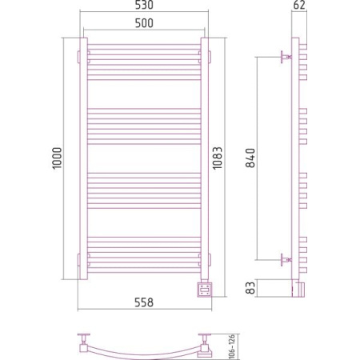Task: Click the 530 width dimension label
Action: [144, 5]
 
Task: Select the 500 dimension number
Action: [144, 23]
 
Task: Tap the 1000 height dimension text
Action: [57, 158]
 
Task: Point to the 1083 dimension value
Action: [218, 158]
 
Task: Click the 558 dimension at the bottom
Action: [144, 302]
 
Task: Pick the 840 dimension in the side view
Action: [250, 158]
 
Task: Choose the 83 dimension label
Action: [250, 288]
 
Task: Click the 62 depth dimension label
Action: [299, 5]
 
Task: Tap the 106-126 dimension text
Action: [232, 346]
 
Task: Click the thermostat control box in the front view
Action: [205, 289]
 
